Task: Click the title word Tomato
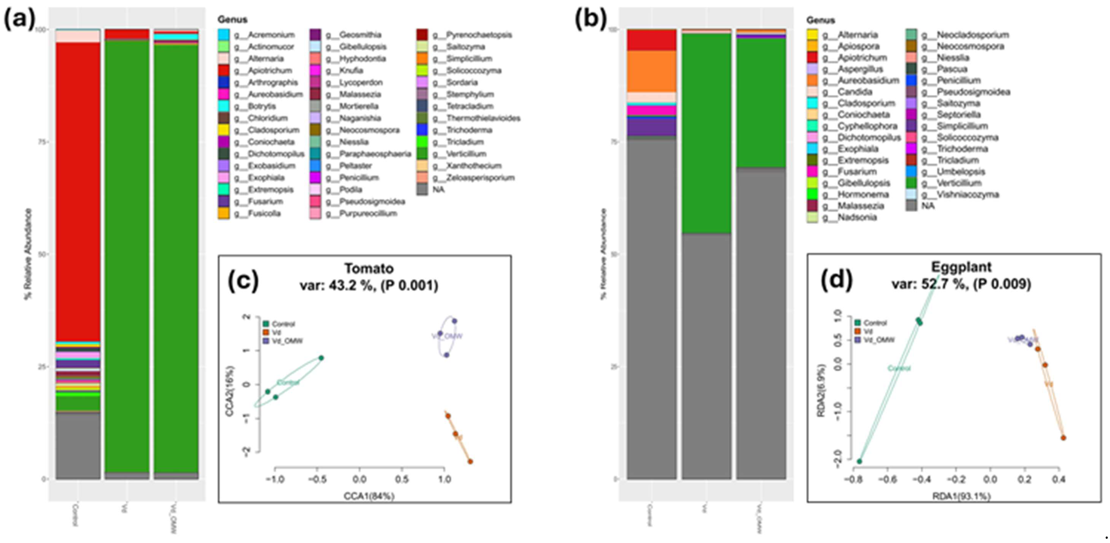tap(369, 269)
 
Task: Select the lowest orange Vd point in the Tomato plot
tap(470, 462)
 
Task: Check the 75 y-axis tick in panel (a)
tap(40, 142)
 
